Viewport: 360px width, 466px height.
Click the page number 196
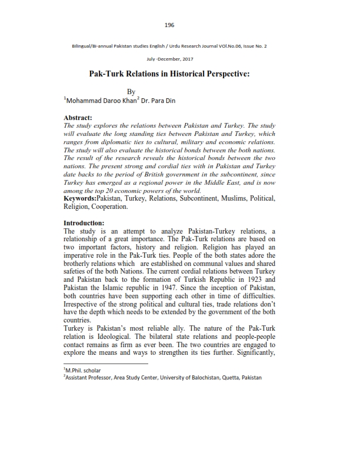[x=169, y=25]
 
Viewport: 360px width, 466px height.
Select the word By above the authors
[x=132, y=92]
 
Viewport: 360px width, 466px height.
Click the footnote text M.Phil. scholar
[x=85, y=370]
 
